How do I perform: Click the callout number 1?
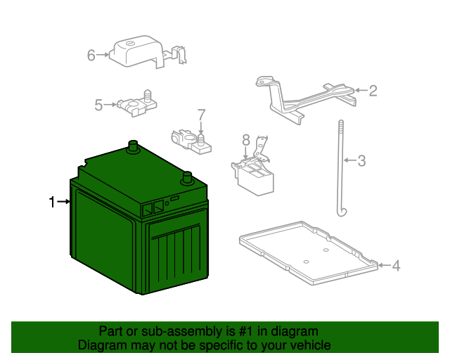tap(52, 202)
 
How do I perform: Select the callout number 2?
tap(373, 90)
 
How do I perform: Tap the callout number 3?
tap(361, 161)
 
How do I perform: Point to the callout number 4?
tap(396, 266)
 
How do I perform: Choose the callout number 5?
tap(99, 105)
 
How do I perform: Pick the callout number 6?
tap(91, 54)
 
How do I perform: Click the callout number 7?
tap(201, 114)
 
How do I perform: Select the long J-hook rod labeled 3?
tap(339, 169)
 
